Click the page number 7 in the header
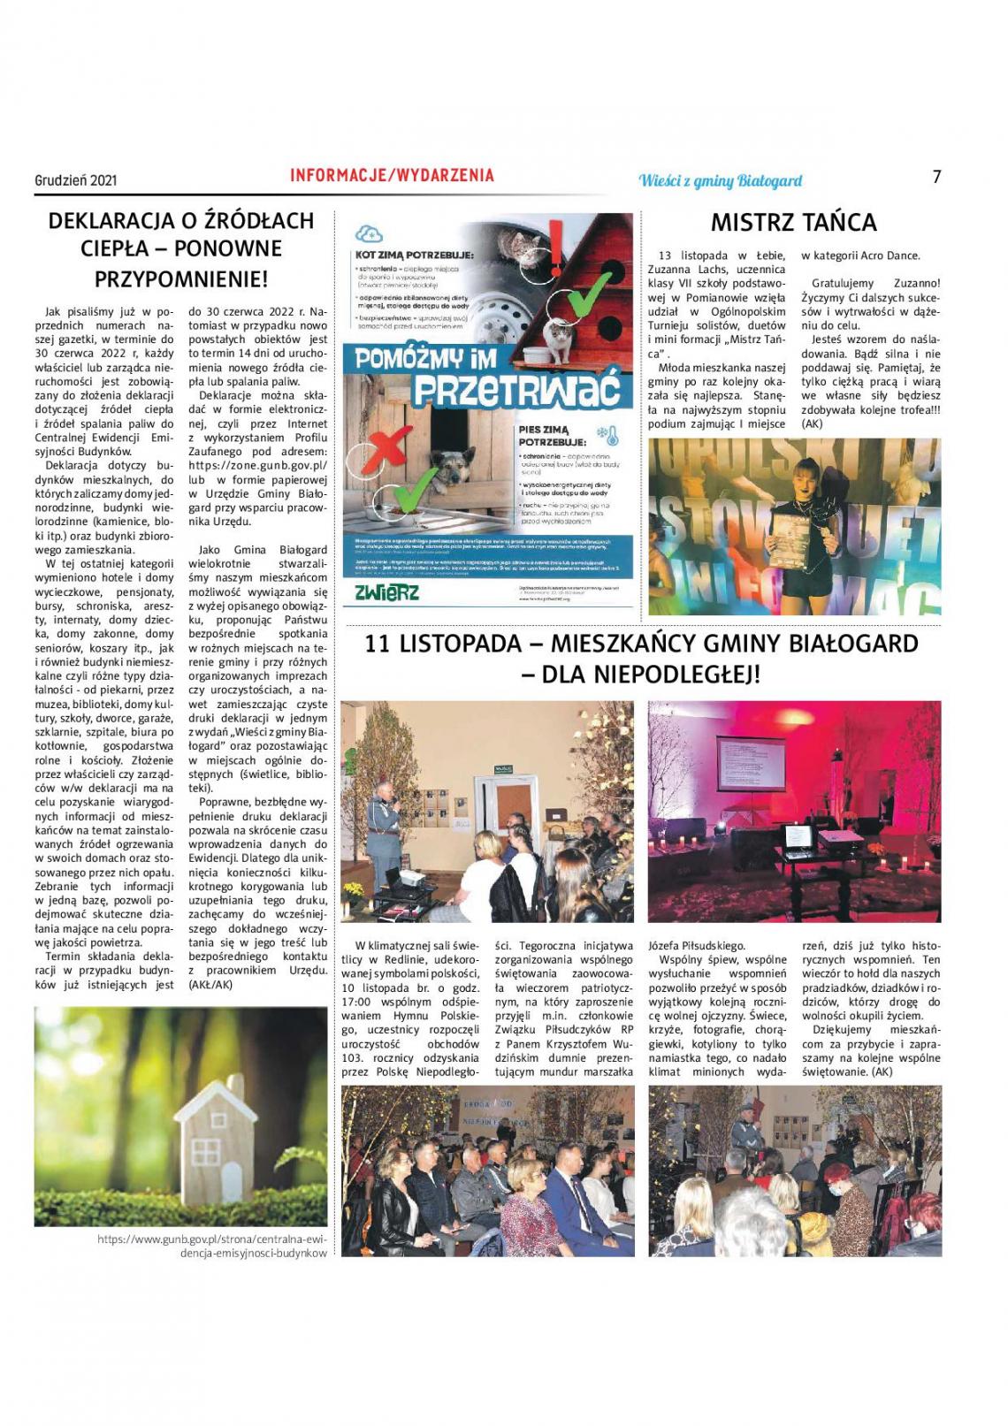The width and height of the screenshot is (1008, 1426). coord(936,177)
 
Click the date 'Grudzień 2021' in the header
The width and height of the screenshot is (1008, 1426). coord(76,180)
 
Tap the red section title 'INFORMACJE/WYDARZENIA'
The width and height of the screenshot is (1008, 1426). coord(392,176)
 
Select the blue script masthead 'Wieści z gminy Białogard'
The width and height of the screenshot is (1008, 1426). coord(720,180)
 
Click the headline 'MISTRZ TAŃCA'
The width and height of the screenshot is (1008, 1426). coord(793,223)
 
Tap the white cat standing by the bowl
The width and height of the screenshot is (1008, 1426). coord(554,338)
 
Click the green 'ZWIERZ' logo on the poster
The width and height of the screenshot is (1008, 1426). coord(386,592)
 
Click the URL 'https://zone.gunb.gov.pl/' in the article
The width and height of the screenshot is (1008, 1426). coord(258,465)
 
